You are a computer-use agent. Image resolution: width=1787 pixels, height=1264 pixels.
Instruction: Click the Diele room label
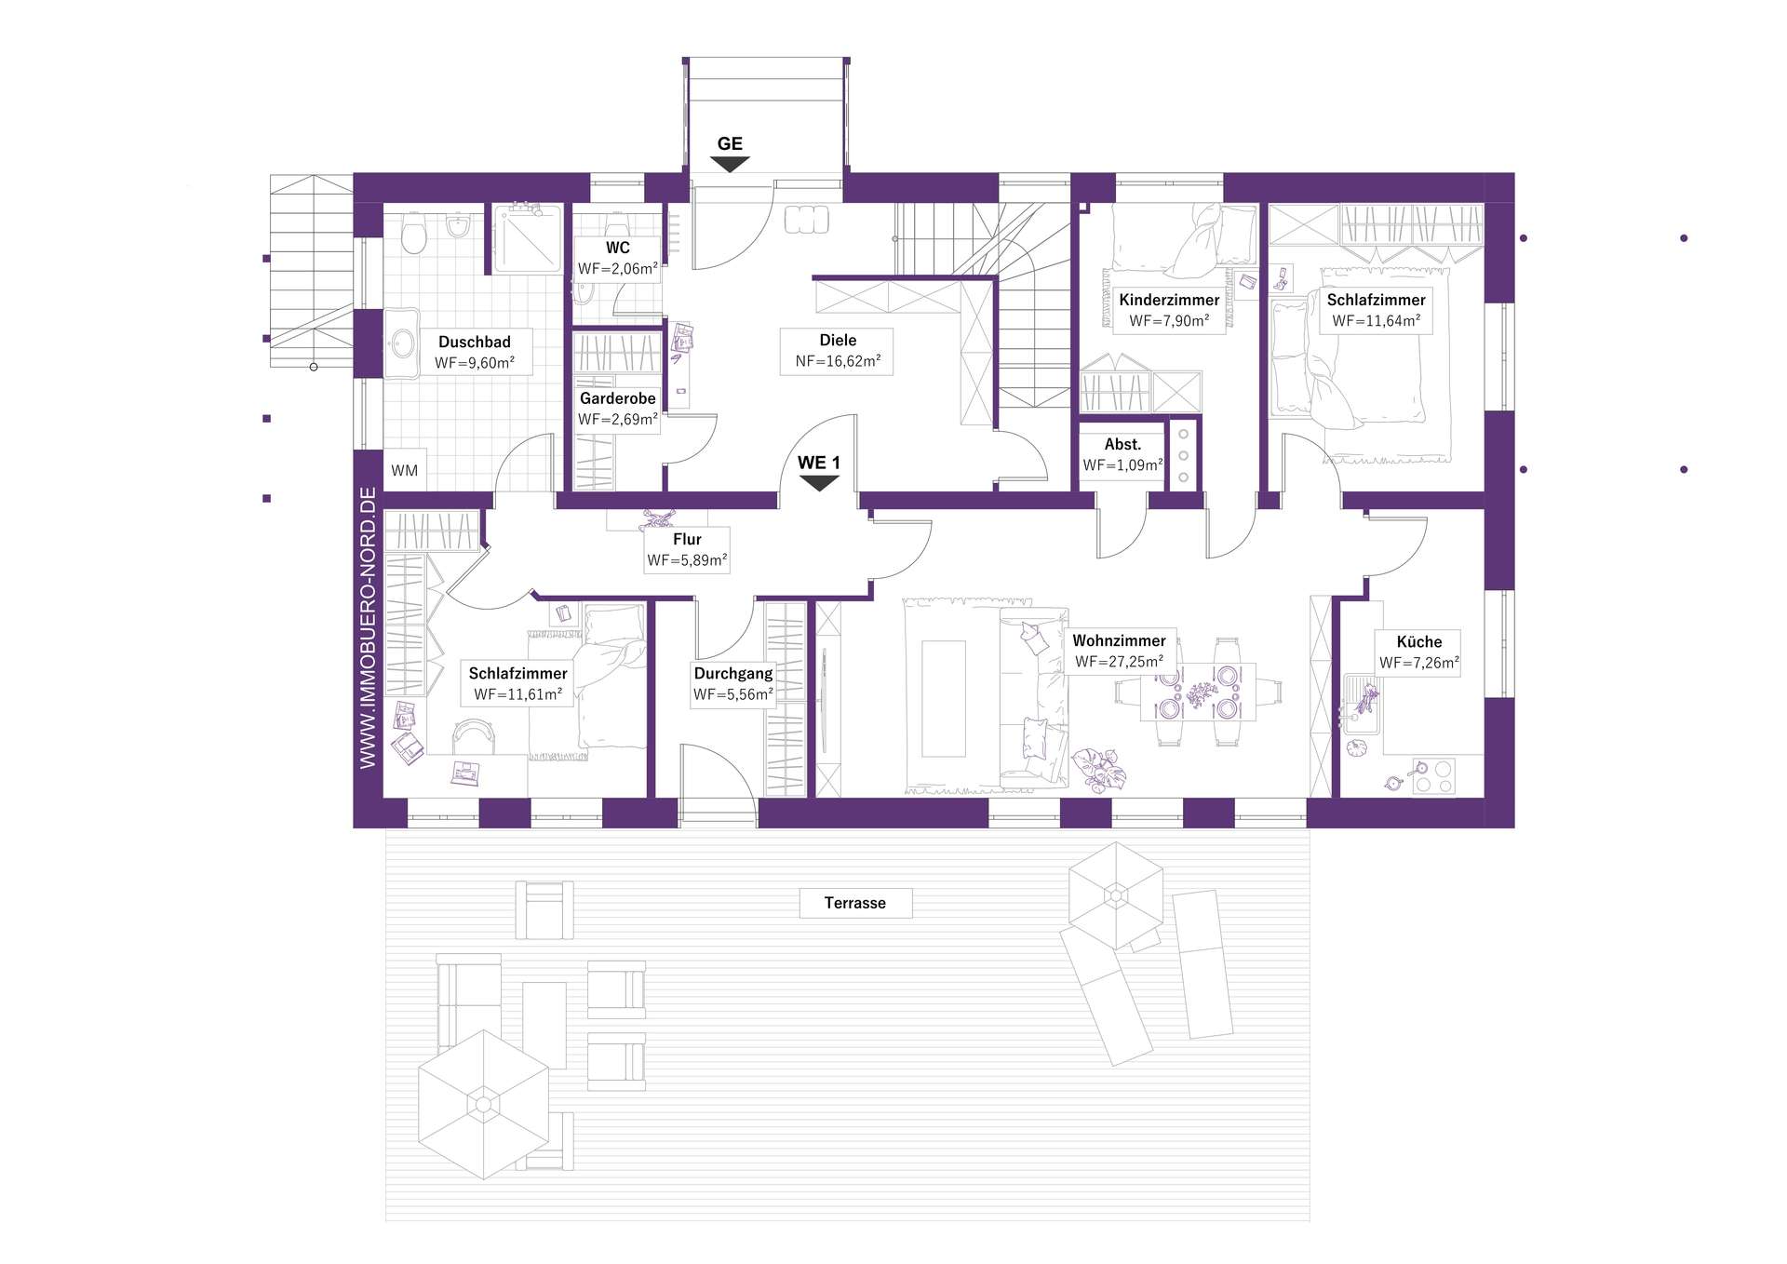(838, 341)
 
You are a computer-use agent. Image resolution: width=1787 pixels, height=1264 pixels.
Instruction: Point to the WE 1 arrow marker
(820, 483)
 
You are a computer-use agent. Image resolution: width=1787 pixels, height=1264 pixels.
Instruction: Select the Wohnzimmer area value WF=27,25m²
(1119, 662)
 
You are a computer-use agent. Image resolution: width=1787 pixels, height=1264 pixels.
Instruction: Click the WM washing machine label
(404, 471)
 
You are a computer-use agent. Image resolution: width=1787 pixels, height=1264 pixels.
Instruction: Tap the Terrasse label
(855, 903)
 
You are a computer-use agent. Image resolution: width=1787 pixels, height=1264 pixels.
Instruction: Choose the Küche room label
(1419, 641)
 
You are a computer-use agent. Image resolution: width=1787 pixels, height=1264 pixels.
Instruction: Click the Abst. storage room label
(1122, 445)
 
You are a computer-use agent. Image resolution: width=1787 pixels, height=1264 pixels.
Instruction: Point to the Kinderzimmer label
(1169, 300)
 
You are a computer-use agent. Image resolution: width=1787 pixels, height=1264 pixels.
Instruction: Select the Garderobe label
(618, 398)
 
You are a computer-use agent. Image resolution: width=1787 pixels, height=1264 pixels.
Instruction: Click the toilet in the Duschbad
(413, 234)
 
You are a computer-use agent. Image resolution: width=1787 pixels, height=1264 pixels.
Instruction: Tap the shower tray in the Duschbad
(527, 238)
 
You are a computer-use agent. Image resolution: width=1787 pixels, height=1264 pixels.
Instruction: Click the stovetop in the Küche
(1433, 776)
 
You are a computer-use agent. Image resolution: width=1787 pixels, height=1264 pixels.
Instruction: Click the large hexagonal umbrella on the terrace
(484, 1105)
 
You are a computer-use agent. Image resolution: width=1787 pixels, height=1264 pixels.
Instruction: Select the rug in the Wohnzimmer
(943, 698)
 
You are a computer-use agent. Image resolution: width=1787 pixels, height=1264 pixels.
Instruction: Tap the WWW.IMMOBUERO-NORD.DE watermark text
(369, 627)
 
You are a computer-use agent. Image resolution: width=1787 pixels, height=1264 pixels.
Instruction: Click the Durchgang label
(733, 674)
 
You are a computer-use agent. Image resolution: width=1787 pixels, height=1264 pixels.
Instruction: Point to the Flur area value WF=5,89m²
(687, 560)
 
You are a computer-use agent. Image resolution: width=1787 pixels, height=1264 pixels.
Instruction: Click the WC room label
(618, 248)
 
